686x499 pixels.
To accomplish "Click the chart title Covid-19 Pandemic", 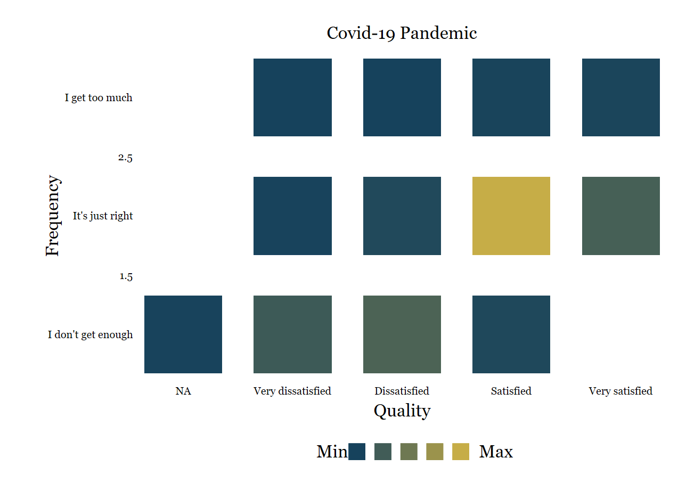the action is pos(402,33).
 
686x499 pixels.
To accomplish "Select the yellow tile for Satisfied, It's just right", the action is pos(511,216).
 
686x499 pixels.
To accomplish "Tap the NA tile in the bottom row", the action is pos(183,334).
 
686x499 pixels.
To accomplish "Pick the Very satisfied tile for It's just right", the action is pos(621,216).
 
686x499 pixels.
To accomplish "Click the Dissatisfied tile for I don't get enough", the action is pos(402,334).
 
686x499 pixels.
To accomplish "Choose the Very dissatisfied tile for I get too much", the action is pos(292,97).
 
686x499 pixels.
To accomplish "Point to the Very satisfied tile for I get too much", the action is pos(621,97).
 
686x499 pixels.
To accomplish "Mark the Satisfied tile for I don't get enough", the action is pos(511,334).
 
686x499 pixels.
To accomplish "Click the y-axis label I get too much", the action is pos(99,98).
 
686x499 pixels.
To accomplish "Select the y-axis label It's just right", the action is pos(103,216).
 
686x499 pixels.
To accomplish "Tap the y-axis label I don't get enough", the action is pos(90,334).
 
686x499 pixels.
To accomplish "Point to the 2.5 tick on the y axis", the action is pos(125,158).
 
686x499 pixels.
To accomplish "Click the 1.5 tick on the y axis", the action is pos(126,276).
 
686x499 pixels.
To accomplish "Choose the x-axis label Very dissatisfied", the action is pos(292,391).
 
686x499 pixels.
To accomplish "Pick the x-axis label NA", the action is pos(183,391).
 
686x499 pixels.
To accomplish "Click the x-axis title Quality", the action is pos(402,411).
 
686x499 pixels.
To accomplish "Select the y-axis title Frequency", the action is pos(53,216).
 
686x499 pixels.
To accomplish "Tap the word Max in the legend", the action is pos(496,452).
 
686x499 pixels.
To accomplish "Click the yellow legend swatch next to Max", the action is pos(461,452).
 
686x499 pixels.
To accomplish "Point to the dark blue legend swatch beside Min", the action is pos(357,452).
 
